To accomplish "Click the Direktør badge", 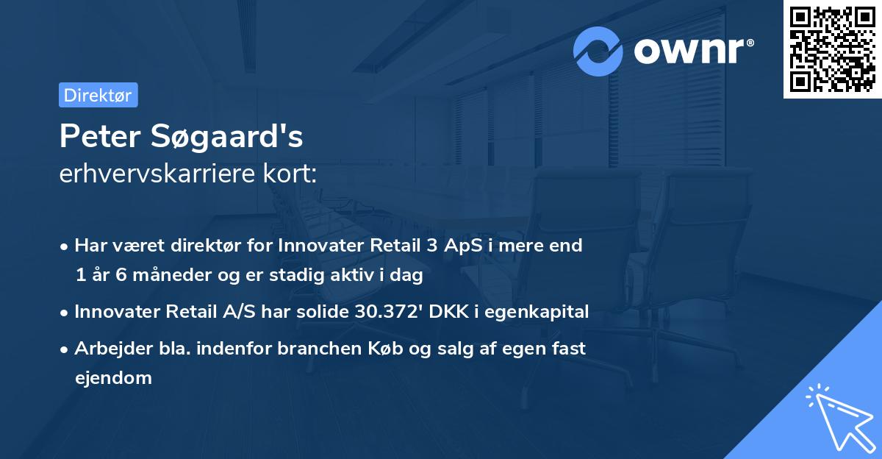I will coord(98,95).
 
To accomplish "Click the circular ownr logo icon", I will coord(598,51).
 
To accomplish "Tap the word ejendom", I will coord(113,378).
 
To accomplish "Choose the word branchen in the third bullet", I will coord(310,349).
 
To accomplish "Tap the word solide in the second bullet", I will coord(323,312).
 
